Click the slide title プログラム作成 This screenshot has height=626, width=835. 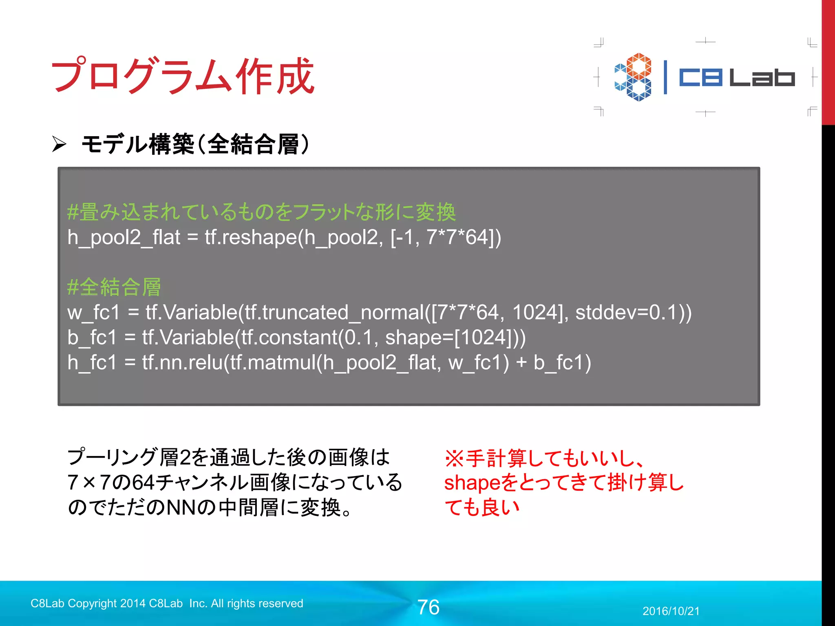(x=183, y=76)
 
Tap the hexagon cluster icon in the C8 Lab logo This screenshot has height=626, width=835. (x=633, y=77)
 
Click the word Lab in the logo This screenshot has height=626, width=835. (x=762, y=77)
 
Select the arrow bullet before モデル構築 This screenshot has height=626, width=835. (x=59, y=144)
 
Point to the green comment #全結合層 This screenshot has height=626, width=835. (x=114, y=287)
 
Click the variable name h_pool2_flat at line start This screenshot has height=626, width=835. (x=124, y=238)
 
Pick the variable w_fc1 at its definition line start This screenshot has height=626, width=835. (x=94, y=313)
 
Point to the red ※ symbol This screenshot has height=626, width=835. (x=454, y=458)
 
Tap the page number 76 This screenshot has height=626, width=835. (x=428, y=607)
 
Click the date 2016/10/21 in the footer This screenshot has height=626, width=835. (x=671, y=611)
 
